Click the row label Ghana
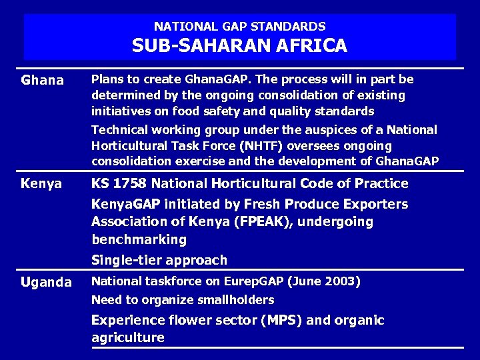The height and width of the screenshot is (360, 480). point(43,81)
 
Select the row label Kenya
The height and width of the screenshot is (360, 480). point(41,183)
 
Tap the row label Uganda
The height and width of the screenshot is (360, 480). point(46,282)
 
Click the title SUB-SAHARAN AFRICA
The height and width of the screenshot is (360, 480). point(239,45)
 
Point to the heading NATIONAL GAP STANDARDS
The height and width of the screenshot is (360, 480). point(239,27)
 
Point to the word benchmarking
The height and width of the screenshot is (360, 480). point(139,239)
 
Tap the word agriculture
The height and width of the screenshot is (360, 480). point(127,337)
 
